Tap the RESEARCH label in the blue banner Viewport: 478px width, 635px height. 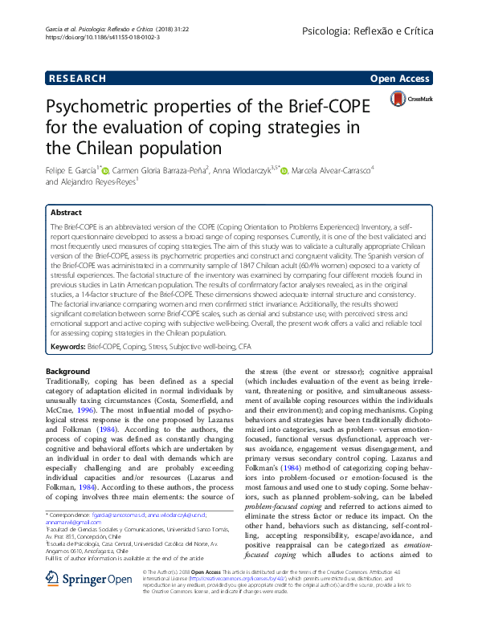click(76, 78)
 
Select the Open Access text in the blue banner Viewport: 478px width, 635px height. click(399, 78)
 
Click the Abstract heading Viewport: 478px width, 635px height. click(66, 213)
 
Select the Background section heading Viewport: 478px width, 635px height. click(67, 372)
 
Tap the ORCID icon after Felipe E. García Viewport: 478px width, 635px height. click(105, 170)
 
